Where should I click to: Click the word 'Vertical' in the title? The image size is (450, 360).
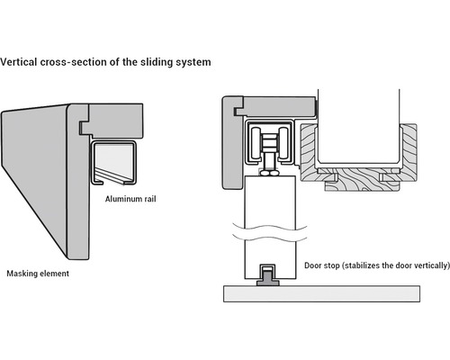pos(19,62)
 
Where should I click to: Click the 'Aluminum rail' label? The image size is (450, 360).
pos(130,199)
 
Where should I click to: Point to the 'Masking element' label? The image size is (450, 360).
pos(38,274)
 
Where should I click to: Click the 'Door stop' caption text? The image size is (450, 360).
pos(322,265)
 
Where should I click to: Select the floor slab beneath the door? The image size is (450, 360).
pos(321,293)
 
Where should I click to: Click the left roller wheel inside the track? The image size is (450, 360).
pos(256,143)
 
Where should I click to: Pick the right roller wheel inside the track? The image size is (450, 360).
pos(283,143)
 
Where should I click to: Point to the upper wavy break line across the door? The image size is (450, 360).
pos(270,227)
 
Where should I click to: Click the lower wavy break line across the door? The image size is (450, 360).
pos(270,238)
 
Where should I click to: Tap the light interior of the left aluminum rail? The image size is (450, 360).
pos(113,160)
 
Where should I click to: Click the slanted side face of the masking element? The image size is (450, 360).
pos(34,174)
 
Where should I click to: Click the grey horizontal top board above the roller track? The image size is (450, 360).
pos(277,106)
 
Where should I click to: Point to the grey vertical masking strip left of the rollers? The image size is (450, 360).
pos(231,142)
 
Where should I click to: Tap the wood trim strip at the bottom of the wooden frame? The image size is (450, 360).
pos(362,186)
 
